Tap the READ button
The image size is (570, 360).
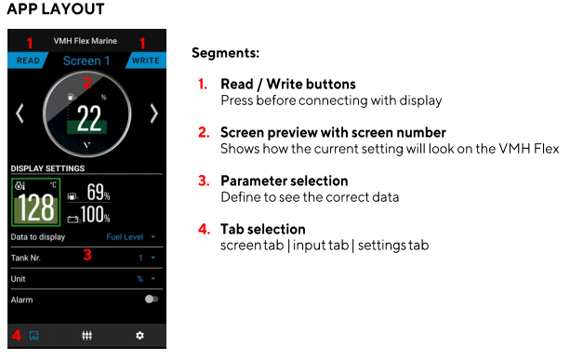(28, 60)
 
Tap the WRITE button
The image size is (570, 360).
(146, 60)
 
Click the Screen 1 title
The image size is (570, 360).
(86, 60)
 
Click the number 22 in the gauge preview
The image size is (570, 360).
(89, 118)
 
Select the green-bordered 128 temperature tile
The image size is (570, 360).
(35, 202)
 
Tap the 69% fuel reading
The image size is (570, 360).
(99, 192)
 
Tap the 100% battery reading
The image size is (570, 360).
(95, 214)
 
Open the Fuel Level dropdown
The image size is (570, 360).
(130, 237)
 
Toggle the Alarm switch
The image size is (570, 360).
(152, 299)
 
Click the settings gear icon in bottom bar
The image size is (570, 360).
(140, 335)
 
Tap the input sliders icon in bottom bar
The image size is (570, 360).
(86, 335)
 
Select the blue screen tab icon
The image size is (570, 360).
(33, 335)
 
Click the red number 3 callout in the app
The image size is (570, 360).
(87, 255)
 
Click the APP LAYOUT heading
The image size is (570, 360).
(56, 9)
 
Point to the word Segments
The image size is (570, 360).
(225, 53)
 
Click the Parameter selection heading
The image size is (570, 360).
(285, 180)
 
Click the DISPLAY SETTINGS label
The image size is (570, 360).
(47, 168)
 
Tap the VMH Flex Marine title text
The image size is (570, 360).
(86, 41)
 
